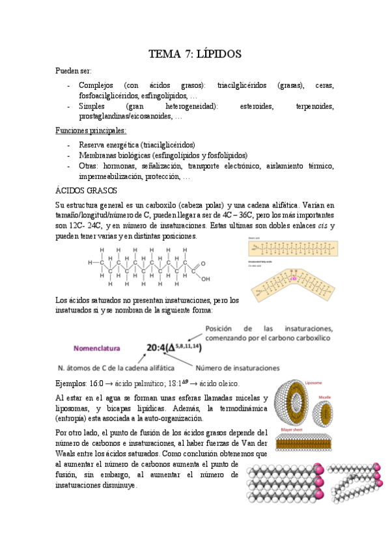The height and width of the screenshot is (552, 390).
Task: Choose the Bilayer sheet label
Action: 291,428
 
